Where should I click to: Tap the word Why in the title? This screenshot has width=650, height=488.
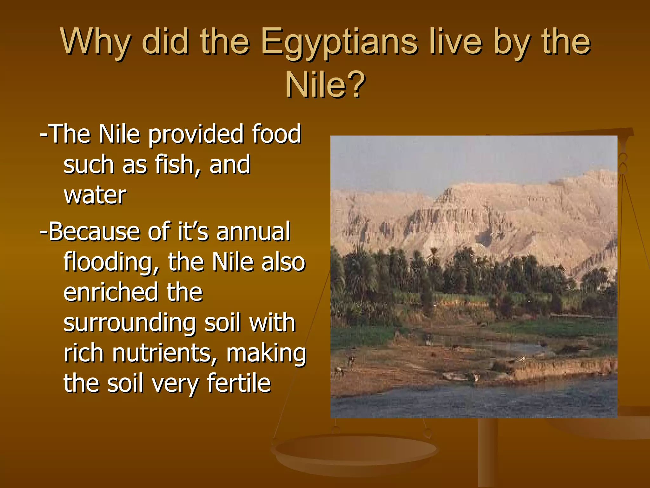point(95,42)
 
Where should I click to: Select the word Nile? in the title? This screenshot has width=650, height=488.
point(325,85)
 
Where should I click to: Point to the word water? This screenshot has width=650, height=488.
point(95,195)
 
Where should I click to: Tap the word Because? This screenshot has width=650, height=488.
point(94,232)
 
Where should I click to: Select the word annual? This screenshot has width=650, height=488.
point(253,232)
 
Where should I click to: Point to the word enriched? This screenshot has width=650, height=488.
point(111,292)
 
